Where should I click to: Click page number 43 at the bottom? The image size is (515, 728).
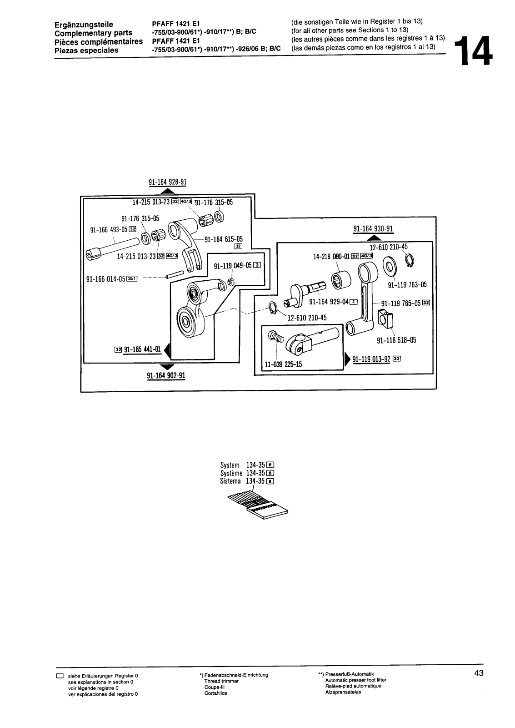coord(479,674)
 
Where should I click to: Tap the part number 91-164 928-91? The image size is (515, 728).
coord(167,182)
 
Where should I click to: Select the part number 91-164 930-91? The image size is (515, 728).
coord(373,229)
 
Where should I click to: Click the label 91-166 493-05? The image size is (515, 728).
coord(109,230)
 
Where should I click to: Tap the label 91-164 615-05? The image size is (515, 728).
coord(224,239)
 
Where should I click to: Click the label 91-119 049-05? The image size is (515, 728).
coord(232,266)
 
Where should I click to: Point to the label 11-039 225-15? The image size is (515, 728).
coord(284,364)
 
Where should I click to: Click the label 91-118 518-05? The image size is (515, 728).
coord(396,340)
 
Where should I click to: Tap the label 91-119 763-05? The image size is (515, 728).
coord(407,285)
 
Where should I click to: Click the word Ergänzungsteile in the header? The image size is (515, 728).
coord(83,24)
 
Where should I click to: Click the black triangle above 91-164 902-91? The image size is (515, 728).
coord(167,366)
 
